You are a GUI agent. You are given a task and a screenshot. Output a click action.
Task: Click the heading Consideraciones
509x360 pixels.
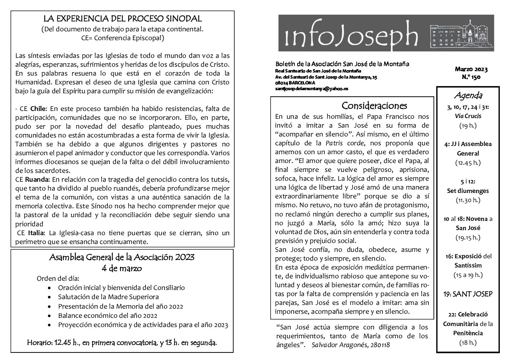click(x=374, y=105)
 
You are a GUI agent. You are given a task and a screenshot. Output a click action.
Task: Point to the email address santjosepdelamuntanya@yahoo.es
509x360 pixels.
click(x=311, y=88)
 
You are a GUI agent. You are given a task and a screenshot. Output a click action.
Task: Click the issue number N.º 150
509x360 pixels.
click(x=471, y=77)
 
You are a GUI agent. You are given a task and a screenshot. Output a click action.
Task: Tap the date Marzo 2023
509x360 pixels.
click(x=471, y=70)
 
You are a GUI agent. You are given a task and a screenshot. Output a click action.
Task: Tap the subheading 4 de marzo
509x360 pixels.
click(x=122, y=268)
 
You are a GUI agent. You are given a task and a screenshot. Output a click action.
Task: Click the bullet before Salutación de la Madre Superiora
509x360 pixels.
click(x=50, y=297)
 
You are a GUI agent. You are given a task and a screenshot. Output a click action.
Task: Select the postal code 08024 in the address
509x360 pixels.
click(x=282, y=83)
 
